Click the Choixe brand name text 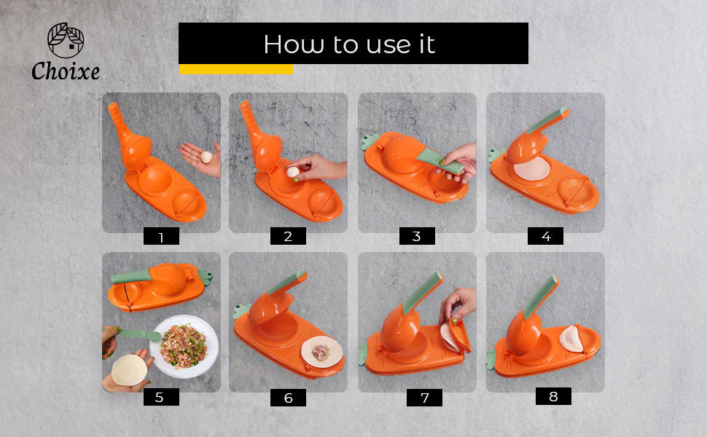[x=66, y=71]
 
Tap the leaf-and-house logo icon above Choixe [x=66, y=41]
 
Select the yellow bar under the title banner [x=235, y=69]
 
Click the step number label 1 [x=161, y=237]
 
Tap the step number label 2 [x=288, y=236]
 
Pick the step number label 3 [x=417, y=236]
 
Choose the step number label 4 [x=545, y=236]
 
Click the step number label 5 [x=161, y=397]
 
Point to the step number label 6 [x=288, y=398]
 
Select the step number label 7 [x=424, y=398]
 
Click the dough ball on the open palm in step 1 [x=206, y=156]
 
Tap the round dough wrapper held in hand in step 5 [x=129, y=369]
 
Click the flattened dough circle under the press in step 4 [x=531, y=171]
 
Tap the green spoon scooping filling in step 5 [x=138, y=334]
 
